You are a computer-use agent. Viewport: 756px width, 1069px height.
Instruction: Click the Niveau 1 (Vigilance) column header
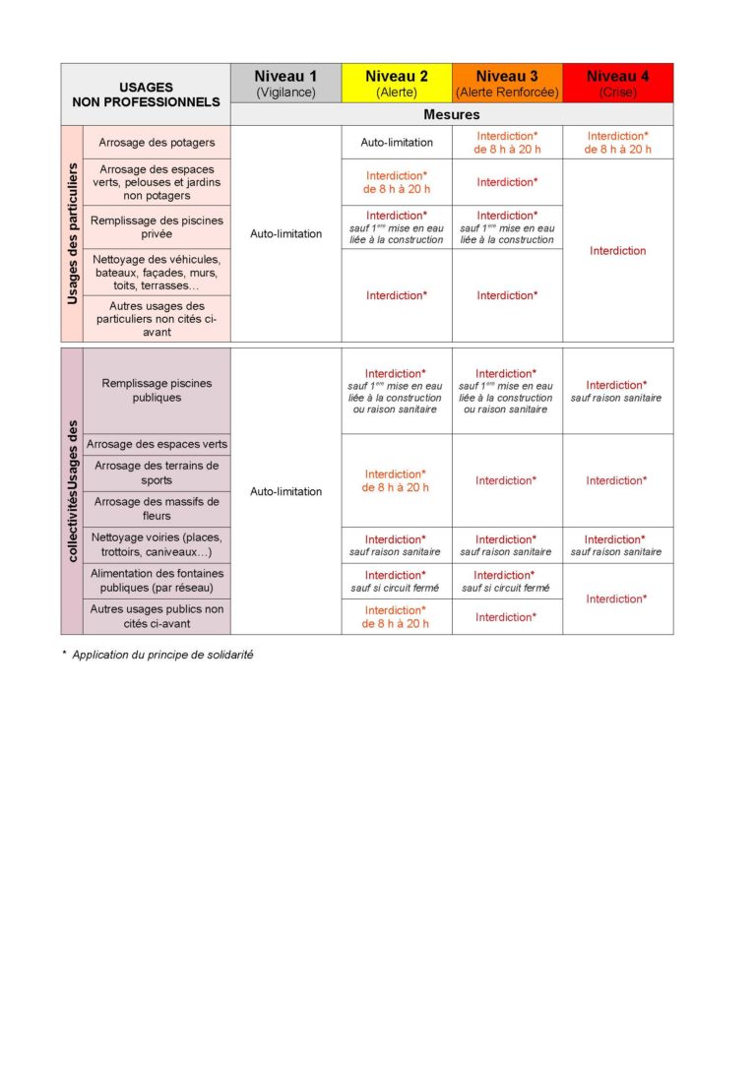tap(285, 83)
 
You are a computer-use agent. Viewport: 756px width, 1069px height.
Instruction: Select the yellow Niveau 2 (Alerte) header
tap(397, 83)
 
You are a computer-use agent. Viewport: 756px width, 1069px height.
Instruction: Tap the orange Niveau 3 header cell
tap(507, 83)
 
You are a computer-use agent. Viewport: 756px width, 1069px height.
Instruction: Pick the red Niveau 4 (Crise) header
tap(618, 83)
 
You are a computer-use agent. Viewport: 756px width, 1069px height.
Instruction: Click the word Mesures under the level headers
tap(452, 114)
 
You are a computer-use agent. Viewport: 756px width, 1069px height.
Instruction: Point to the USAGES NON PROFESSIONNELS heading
tap(146, 94)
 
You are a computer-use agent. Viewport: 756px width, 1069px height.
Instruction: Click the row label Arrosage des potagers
tap(157, 143)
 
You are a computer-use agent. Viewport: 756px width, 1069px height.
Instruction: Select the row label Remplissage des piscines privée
tap(157, 227)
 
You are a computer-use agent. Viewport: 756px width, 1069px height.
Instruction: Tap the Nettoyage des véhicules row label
tap(157, 273)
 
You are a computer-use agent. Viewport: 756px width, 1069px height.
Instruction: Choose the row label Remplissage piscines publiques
tap(157, 390)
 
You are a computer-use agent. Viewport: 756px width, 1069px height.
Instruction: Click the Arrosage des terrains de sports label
tap(157, 472)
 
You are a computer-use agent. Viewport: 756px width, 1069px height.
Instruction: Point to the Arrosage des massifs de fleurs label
tap(157, 508)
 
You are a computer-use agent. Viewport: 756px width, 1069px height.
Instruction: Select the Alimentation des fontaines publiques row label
tap(157, 580)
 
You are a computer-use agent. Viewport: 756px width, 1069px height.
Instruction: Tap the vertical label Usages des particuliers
tap(72, 233)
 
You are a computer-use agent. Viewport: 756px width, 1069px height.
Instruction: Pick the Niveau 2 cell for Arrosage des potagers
tap(397, 143)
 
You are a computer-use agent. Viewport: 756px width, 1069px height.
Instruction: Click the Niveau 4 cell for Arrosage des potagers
tap(618, 143)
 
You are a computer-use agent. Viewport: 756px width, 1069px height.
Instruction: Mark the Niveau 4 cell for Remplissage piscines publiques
tap(618, 391)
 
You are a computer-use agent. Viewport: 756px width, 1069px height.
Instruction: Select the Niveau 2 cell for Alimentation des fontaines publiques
tap(397, 581)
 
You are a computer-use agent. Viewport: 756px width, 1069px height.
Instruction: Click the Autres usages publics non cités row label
tap(157, 616)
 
